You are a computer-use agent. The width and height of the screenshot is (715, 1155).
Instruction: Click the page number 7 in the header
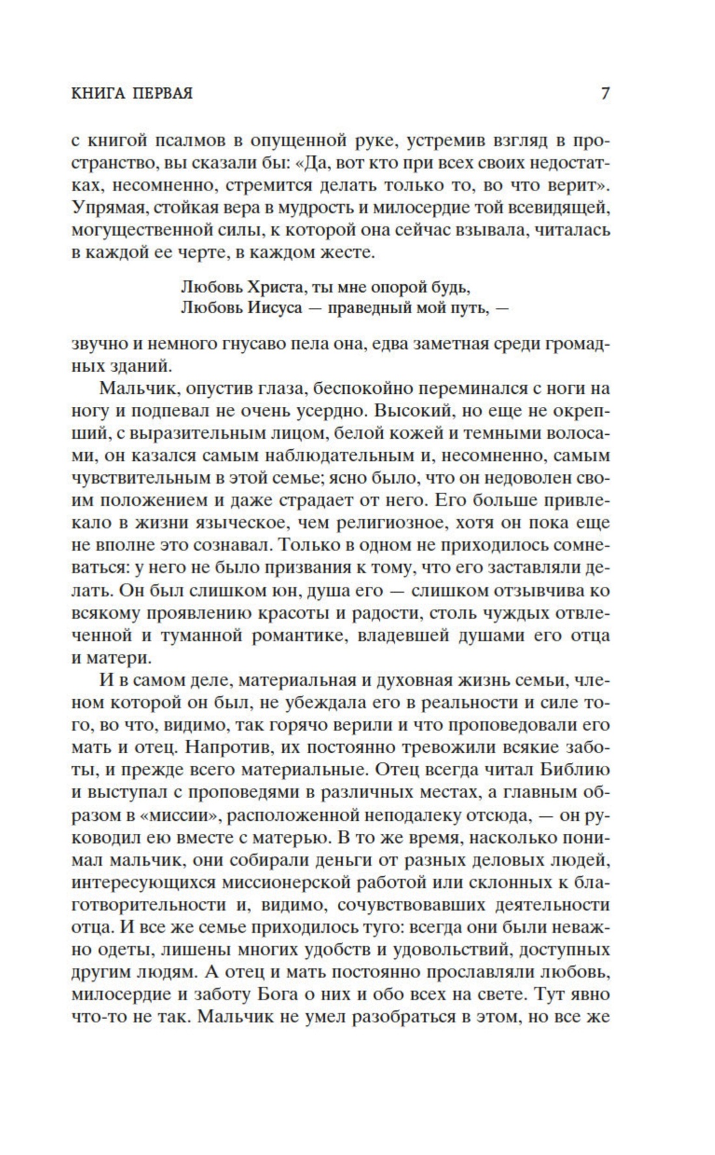click(604, 94)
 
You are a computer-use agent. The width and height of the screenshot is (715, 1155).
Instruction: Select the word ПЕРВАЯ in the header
click(162, 94)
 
